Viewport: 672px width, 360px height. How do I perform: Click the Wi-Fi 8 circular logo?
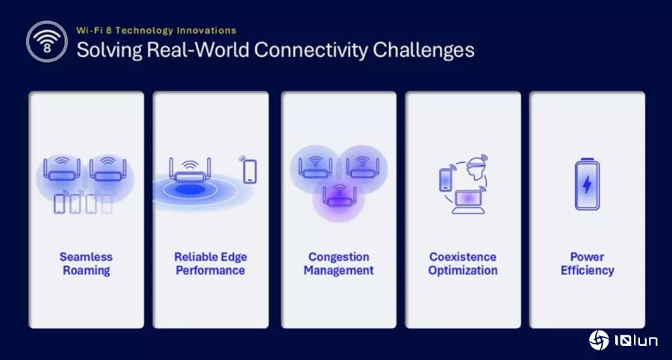47,42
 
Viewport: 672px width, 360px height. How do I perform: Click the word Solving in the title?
109,51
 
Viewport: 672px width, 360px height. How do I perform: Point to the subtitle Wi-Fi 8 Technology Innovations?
156,31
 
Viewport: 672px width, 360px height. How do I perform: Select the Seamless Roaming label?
86,264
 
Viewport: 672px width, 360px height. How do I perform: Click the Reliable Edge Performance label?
211,264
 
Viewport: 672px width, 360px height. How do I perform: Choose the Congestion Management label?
338,264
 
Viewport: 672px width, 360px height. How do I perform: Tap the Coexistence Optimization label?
463,264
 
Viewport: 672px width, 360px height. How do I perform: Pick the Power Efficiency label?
587,264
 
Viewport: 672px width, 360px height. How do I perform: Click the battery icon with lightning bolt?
587,184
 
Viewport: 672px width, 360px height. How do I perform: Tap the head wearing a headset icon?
477,169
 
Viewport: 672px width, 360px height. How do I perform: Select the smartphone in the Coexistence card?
446,179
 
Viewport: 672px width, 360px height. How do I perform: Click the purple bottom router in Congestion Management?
339,196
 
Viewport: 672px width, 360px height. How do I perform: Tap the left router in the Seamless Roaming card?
62,169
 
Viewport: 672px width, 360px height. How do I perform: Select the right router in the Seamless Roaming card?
108,169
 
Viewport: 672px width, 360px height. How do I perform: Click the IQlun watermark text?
636,341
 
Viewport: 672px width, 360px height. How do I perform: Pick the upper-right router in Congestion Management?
363,167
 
